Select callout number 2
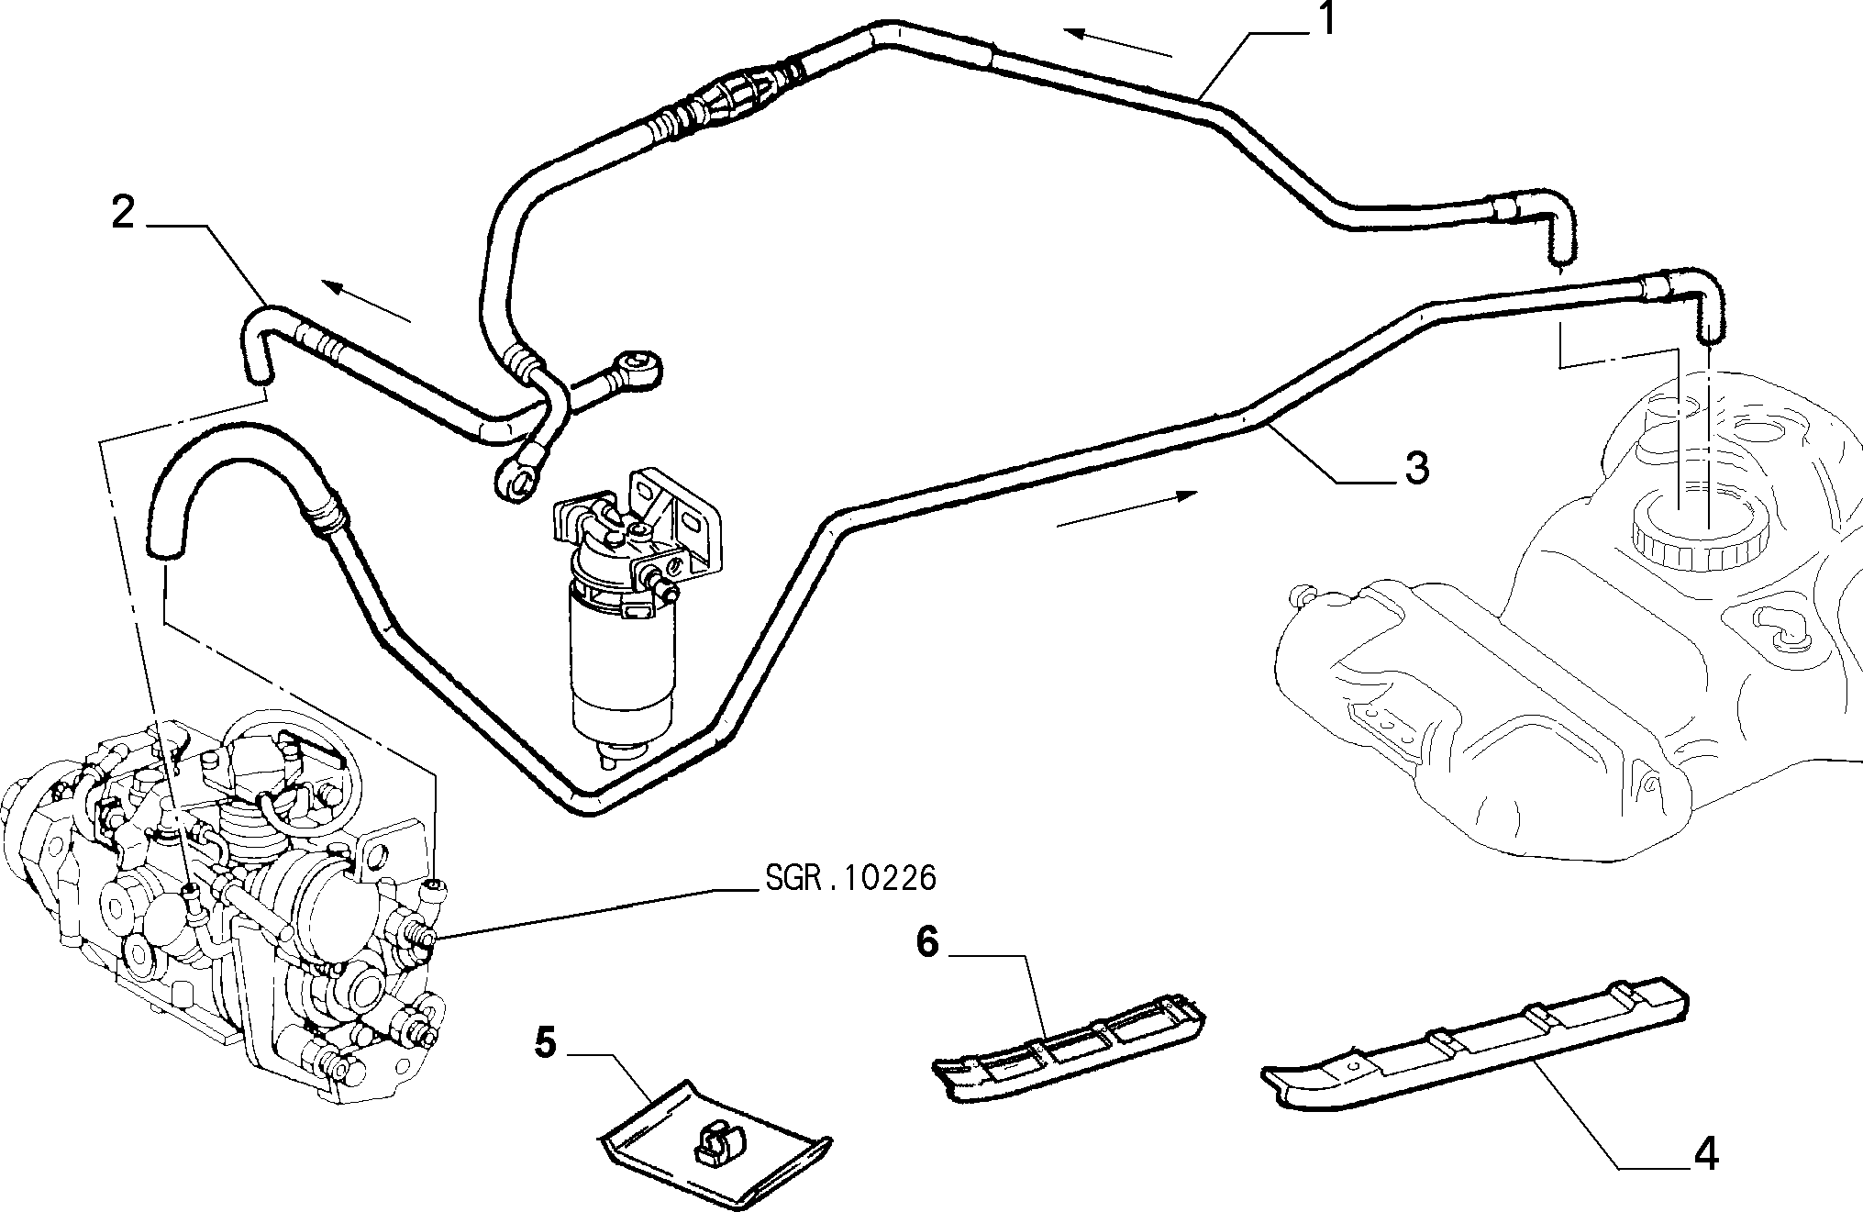pyautogui.click(x=124, y=213)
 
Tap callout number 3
pyautogui.click(x=1416, y=469)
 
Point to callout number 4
pyautogui.click(x=1703, y=1152)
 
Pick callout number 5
pyautogui.click(x=546, y=1043)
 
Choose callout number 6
pyautogui.click(x=927, y=942)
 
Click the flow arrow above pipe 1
pyautogui.click(x=1118, y=43)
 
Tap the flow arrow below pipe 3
pyautogui.click(x=1127, y=509)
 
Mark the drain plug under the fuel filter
pyautogui.click(x=611, y=758)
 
